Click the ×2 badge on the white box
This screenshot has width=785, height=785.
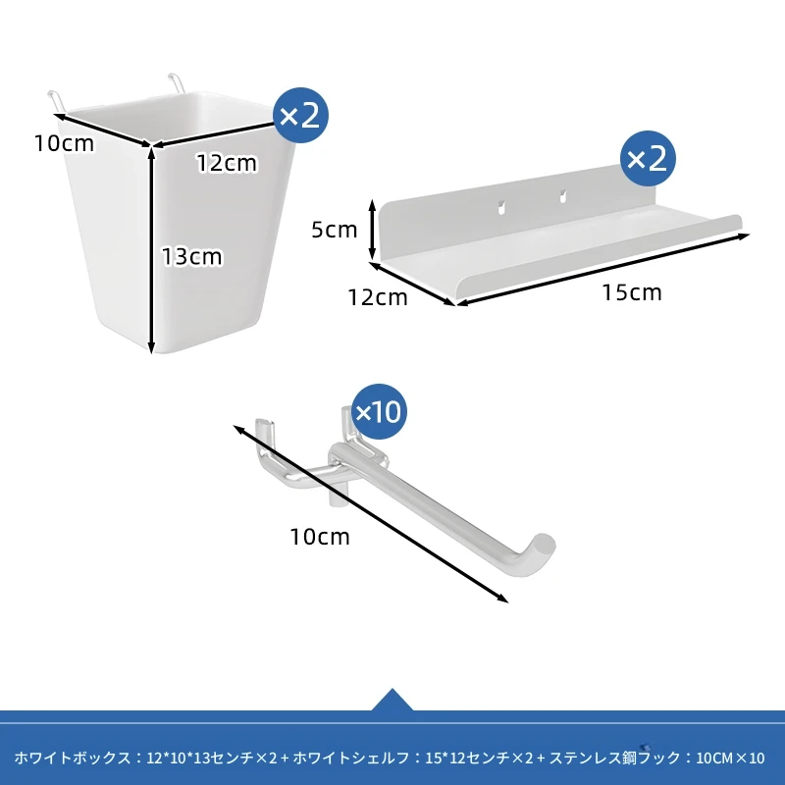click(x=300, y=115)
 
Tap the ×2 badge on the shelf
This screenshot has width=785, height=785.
click(x=648, y=159)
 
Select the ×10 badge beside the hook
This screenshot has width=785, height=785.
click(x=379, y=411)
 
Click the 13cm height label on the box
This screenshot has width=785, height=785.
click(x=191, y=257)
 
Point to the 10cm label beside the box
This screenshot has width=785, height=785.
click(x=64, y=143)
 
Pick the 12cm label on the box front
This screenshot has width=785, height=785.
click(x=227, y=163)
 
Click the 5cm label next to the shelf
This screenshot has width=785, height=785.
click(x=335, y=230)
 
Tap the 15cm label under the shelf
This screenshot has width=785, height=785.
click(x=632, y=292)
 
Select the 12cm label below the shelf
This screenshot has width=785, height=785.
click(x=378, y=298)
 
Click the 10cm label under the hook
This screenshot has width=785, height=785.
click(x=320, y=537)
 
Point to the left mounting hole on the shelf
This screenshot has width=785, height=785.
click(x=501, y=207)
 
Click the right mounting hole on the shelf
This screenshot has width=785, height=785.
click(x=562, y=195)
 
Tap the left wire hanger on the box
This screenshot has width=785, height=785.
click(x=56, y=100)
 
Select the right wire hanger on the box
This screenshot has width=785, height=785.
click(x=177, y=82)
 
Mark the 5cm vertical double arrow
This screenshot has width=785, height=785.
click(x=372, y=230)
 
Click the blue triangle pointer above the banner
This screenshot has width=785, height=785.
click(x=392, y=700)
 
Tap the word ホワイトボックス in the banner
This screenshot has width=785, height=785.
click(x=73, y=758)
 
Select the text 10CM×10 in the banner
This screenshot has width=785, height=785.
click(x=730, y=759)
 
